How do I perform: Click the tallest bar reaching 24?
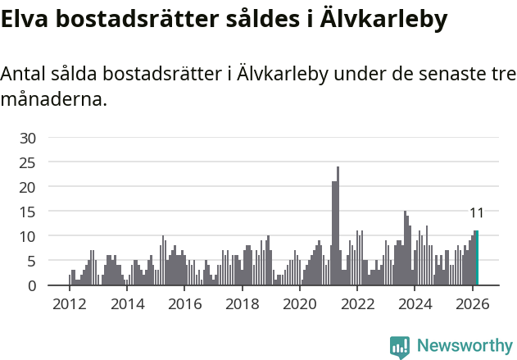338,226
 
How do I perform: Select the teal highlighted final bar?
477,258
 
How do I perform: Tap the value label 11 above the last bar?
476,213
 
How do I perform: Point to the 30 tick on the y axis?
28,138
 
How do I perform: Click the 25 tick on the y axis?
28,162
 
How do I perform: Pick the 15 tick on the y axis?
28,212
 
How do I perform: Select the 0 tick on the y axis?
32,285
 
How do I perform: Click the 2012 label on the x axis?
69,303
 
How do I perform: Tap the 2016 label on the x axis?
184,303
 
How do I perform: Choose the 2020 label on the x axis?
300,303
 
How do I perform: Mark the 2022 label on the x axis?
357,303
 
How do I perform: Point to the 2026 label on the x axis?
473,303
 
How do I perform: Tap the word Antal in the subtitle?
25,74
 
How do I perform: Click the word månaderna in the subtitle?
54,100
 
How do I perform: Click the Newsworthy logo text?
465,345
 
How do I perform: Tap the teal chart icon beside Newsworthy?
400,347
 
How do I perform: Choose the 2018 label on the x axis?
242,303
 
